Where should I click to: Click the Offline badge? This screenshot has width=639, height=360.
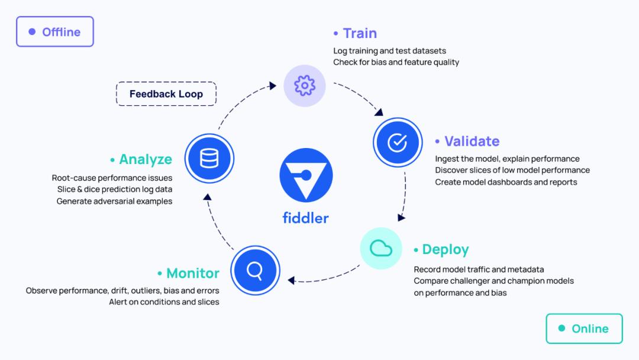click(x=54, y=32)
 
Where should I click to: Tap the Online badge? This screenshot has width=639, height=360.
click(x=583, y=329)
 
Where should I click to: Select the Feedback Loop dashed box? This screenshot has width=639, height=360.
click(x=166, y=94)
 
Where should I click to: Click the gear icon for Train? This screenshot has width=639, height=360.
click(x=305, y=85)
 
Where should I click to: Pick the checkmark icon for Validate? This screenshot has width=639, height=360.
click(x=397, y=142)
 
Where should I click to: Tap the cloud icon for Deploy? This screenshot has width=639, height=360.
click(x=381, y=248)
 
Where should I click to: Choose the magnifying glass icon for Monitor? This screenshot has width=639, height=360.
click(x=255, y=271)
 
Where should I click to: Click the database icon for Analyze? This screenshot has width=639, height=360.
click(x=209, y=159)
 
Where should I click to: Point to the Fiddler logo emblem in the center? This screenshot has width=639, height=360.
click(x=306, y=175)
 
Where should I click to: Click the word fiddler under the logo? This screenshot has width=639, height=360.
click(x=305, y=217)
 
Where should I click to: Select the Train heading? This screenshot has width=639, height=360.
click(x=359, y=33)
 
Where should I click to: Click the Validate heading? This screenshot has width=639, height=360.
click(x=472, y=141)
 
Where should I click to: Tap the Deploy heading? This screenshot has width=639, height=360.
click(x=445, y=249)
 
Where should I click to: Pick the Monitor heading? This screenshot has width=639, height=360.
click(x=192, y=273)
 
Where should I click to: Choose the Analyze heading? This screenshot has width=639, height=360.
click(x=145, y=159)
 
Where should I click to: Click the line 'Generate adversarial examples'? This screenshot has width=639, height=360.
click(x=114, y=201)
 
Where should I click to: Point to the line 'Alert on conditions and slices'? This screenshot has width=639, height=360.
click(x=164, y=302)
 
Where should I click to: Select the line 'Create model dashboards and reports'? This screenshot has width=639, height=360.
click(x=506, y=182)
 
